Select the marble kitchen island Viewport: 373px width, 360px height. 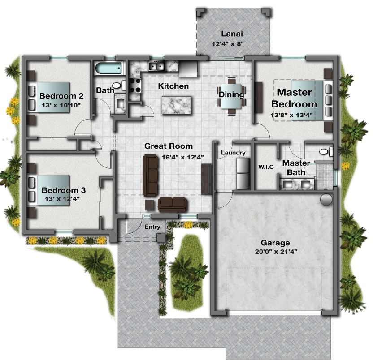pyautogui.click(x=176, y=105)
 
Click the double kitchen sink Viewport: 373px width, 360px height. pyautogui.click(x=156, y=66)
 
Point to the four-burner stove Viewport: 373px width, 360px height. pyautogui.click(x=135, y=86)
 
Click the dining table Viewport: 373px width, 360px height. pyautogui.click(x=231, y=96)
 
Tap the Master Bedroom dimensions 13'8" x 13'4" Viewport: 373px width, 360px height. pyautogui.click(x=291, y=115)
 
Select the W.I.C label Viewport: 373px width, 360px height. pyautogui.click(x=266, y=167)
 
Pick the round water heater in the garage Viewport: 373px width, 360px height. pyautogui.click(x=326, y=200)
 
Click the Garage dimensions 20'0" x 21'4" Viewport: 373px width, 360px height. pyautogui.click(x=276, y=252)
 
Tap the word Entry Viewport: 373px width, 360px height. pyautogui.click(x=152, y=227)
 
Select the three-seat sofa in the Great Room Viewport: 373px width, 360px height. pyautogui.click(x=150, y=176)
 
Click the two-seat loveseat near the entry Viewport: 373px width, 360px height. pyautogui.click(x=173, y=204)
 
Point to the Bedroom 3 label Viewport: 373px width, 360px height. pyautogui.click(x=64, y=190)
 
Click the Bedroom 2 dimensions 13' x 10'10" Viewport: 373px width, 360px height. pyautogui.click(x=61, y=105)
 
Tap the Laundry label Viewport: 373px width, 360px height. pyautogui.click(x=233, y=153)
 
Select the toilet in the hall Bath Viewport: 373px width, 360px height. pyautogui.click(x=119, y=85)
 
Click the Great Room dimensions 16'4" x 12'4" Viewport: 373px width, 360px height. pyautogui.click(x=182, y=157)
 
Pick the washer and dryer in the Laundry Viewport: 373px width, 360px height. pyautogui.click(x=243, y=173)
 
